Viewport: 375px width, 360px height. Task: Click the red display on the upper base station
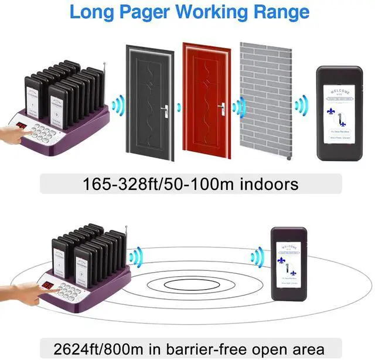tap(22, 127)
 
